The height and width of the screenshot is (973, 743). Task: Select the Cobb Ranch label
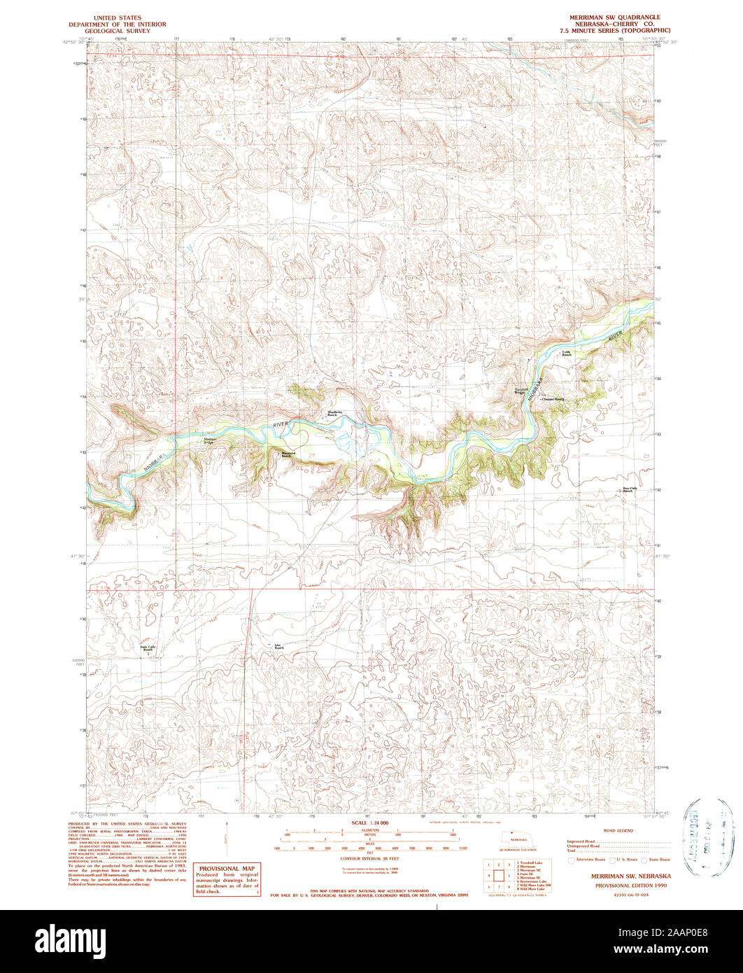coord(566,353)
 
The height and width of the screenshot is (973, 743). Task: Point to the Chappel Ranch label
coord(553,400)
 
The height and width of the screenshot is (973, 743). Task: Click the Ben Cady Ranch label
coord(630,489)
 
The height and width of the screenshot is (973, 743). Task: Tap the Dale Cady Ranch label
coord(148,647)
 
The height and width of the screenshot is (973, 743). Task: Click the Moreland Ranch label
coord(288,454)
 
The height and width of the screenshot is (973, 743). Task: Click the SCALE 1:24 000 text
coord(371,822)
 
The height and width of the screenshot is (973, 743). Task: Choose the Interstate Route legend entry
coord(588,859)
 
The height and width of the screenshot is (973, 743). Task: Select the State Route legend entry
coord(654,859)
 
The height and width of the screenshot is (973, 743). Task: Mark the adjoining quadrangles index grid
coord(497,874)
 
